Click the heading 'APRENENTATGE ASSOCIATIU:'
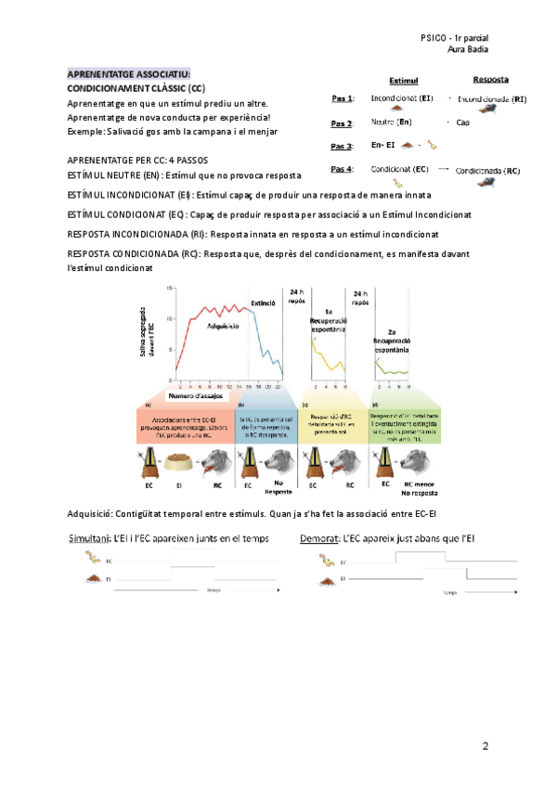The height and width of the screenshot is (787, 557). pyautogui.click(x=128, y=73)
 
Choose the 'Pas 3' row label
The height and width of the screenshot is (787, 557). pyautogui.click(x=342, y=147)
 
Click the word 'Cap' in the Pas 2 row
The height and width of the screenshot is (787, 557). pyautogui.click(x=463, y=123)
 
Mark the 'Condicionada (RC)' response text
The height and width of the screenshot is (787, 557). pyautogui.click(x=488, y=171)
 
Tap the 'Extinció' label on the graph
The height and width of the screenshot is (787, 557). pyautogui.click(x=265, y=303)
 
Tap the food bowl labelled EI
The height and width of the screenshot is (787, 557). pyautogui.click(x=182, y=460)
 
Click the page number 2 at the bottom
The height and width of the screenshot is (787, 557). pyautogui.click(x=486, y=745)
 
